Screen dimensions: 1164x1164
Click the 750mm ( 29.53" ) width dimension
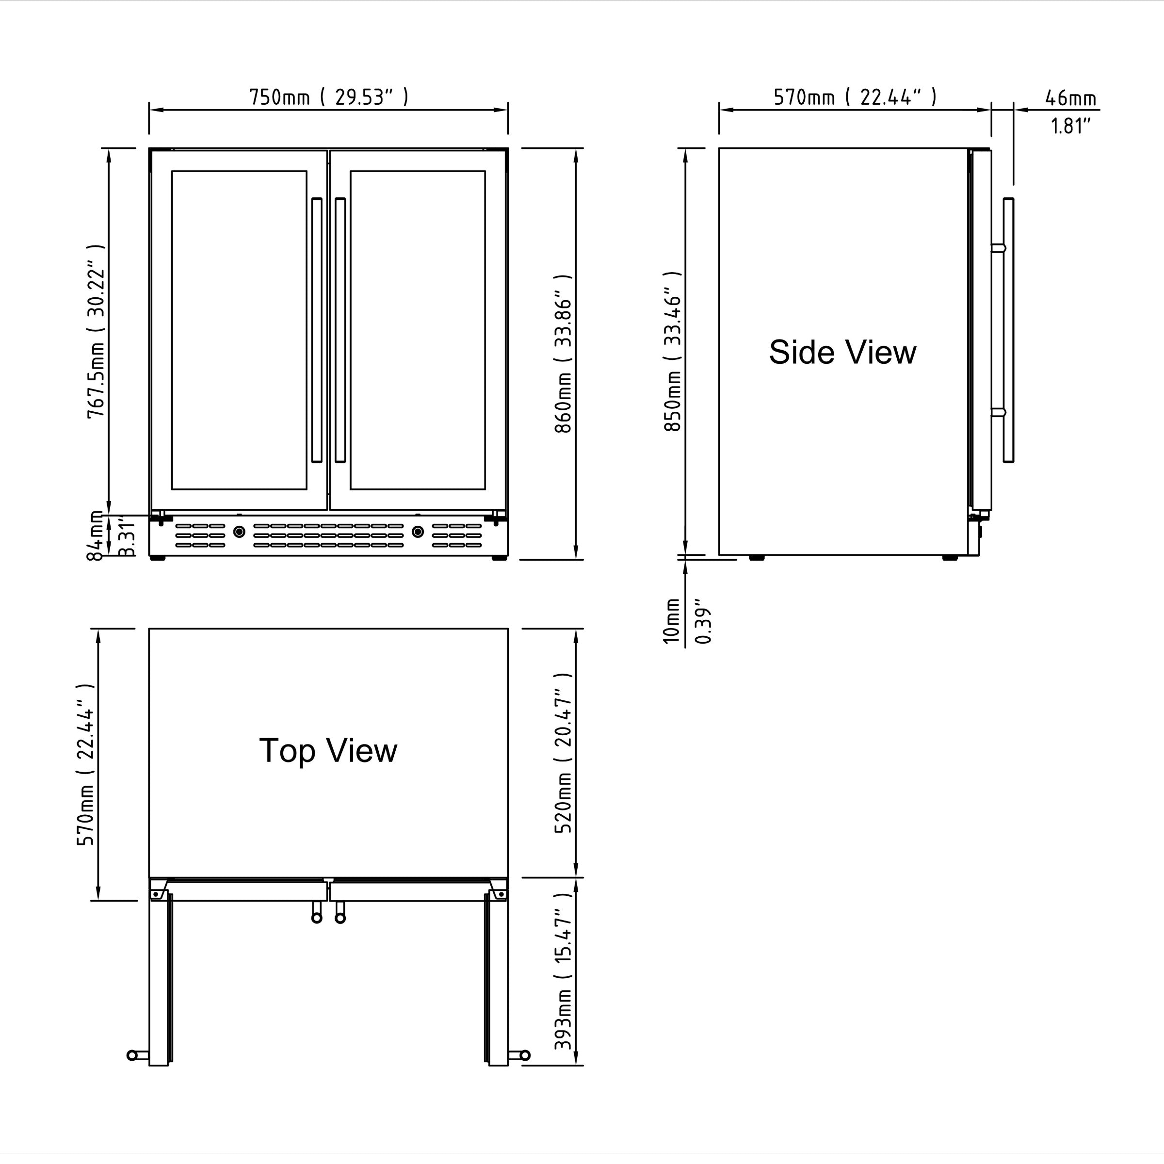click(x=329, y=97)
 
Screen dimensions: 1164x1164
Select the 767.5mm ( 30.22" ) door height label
click(x=97, y=331)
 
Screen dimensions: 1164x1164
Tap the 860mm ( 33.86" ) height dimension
click(x=563, y=354)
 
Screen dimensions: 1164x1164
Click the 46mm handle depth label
click(x=1070, y=97)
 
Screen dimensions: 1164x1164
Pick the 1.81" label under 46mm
click(x=1070, y=126)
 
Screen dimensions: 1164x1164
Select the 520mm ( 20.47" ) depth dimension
click(x=563, y=753)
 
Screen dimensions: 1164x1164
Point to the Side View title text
click(x=842, y=353)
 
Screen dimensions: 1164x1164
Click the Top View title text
click(x=328, y=751)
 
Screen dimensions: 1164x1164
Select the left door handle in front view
click(x=317, y=330)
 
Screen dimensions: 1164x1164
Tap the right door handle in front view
click(x=340, y=330)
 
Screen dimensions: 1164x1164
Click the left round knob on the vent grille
click(x=239, y=532)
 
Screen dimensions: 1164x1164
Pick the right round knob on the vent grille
click(x=418, y=532)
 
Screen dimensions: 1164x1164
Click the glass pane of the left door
click(x=239, y=330)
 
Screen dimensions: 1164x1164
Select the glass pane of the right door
click(x=418, y=330)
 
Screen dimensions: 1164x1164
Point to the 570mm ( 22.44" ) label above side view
click(x=855, y=97)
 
